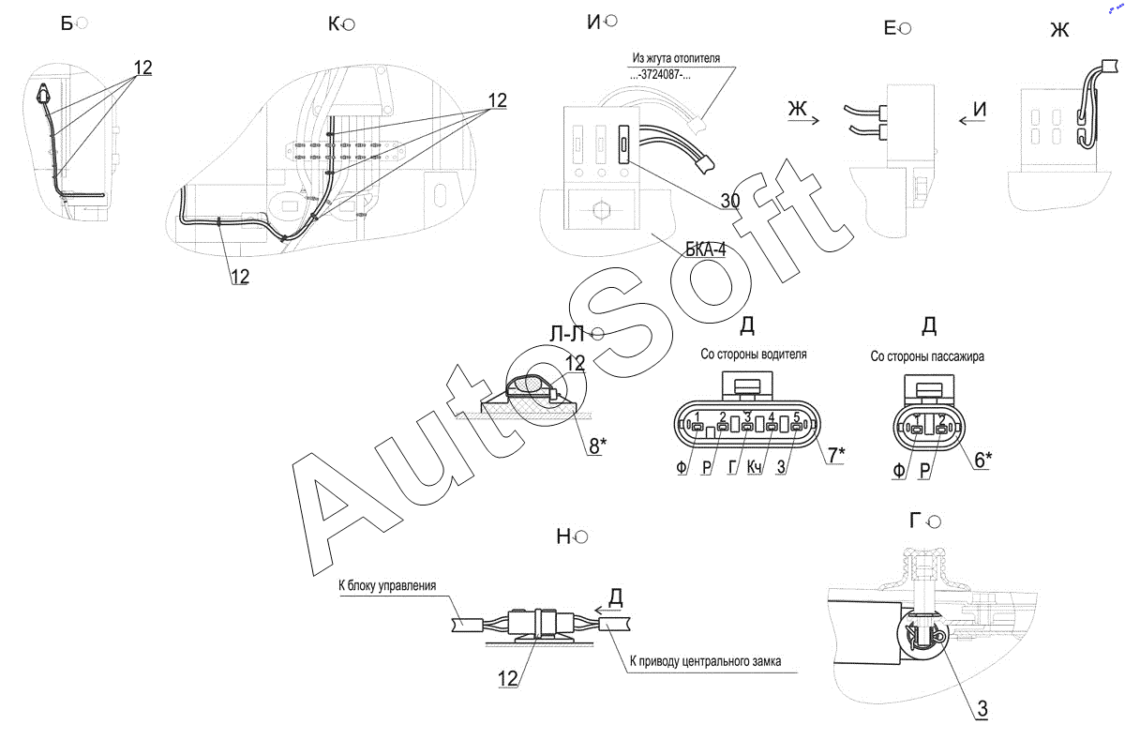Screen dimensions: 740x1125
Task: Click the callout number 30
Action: pos(730,201)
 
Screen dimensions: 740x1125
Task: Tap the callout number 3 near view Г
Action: pos(981,710)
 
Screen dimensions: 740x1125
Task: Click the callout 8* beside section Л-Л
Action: pos(598,446)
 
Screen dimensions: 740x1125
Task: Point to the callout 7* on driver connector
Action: pos(833,456)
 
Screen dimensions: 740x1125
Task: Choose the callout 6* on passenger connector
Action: pos(982,460)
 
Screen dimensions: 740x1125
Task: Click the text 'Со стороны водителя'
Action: pos(753,355)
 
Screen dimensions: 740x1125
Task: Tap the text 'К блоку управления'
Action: pos(387,586)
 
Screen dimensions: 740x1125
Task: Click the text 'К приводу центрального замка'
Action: pos(712,662)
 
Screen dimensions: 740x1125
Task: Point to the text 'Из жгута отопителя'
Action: pos(676,58)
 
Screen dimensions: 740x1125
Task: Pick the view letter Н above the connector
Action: pos(563,536)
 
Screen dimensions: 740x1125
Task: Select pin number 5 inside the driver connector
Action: pos(796,416)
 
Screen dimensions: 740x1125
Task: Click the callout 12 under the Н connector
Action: pos(507,678)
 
